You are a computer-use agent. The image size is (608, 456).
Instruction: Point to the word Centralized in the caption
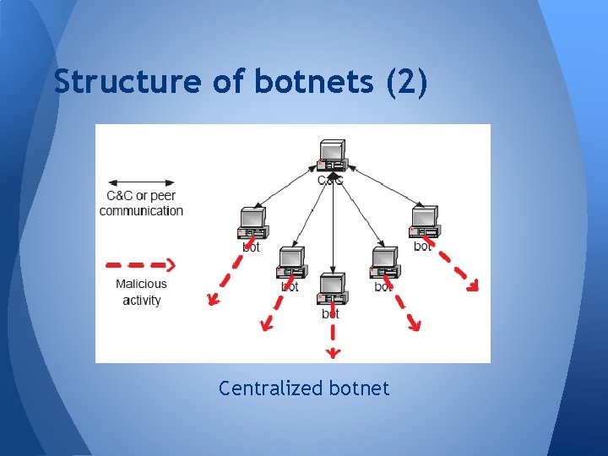pos(270,388)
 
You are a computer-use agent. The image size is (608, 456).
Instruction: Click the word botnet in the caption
pos(359,388)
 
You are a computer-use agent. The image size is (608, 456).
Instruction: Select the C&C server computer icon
pos(332,155)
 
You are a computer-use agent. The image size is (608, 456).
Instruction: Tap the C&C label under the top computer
pos(330,181)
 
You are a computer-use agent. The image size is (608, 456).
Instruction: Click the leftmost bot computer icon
pos(252,223)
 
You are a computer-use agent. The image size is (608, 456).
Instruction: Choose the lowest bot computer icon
pos(331,290)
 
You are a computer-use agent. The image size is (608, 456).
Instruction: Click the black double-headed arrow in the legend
pos(141,182)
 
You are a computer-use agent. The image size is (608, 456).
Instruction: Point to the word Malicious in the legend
pos(141,284)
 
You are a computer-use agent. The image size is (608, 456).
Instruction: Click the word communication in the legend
pos(141,211)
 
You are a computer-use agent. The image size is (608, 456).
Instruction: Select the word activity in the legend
pos(141,300)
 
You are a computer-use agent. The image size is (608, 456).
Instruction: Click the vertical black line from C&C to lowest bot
pos(333,228)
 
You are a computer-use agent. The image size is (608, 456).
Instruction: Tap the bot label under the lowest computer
pos(330,313)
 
